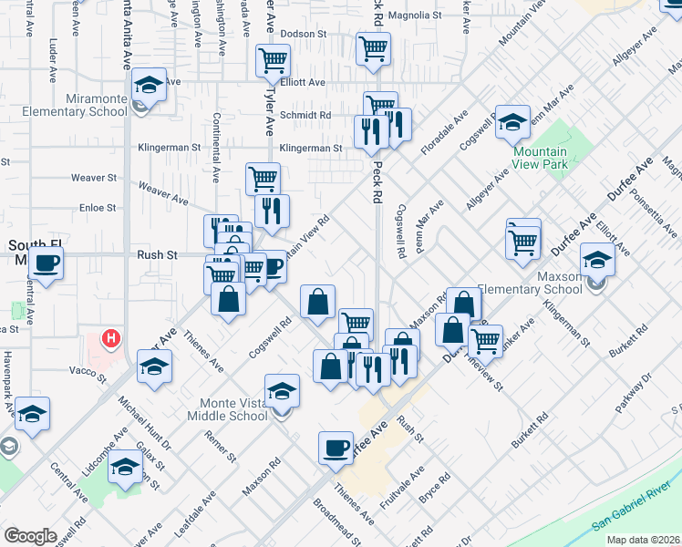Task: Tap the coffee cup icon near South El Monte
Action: (x=46, y=263)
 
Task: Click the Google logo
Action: (x=30, y=536)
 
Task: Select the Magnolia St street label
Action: (x=414, y=15)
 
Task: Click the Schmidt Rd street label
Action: (x=305, y=116)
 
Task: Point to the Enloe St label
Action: (x=98, y=209)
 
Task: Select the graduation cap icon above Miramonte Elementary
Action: (x=149, y=85)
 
